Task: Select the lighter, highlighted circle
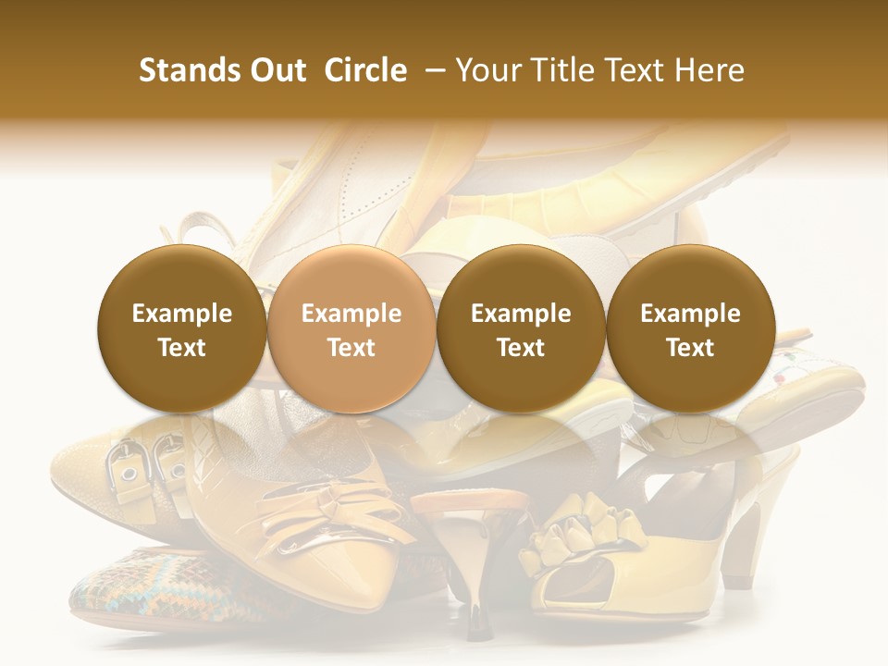(351, 329)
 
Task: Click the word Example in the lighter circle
(351, 314)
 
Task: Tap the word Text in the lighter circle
(351, 348)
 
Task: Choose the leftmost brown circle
(182, 329)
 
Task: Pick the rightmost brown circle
(690, 329)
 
